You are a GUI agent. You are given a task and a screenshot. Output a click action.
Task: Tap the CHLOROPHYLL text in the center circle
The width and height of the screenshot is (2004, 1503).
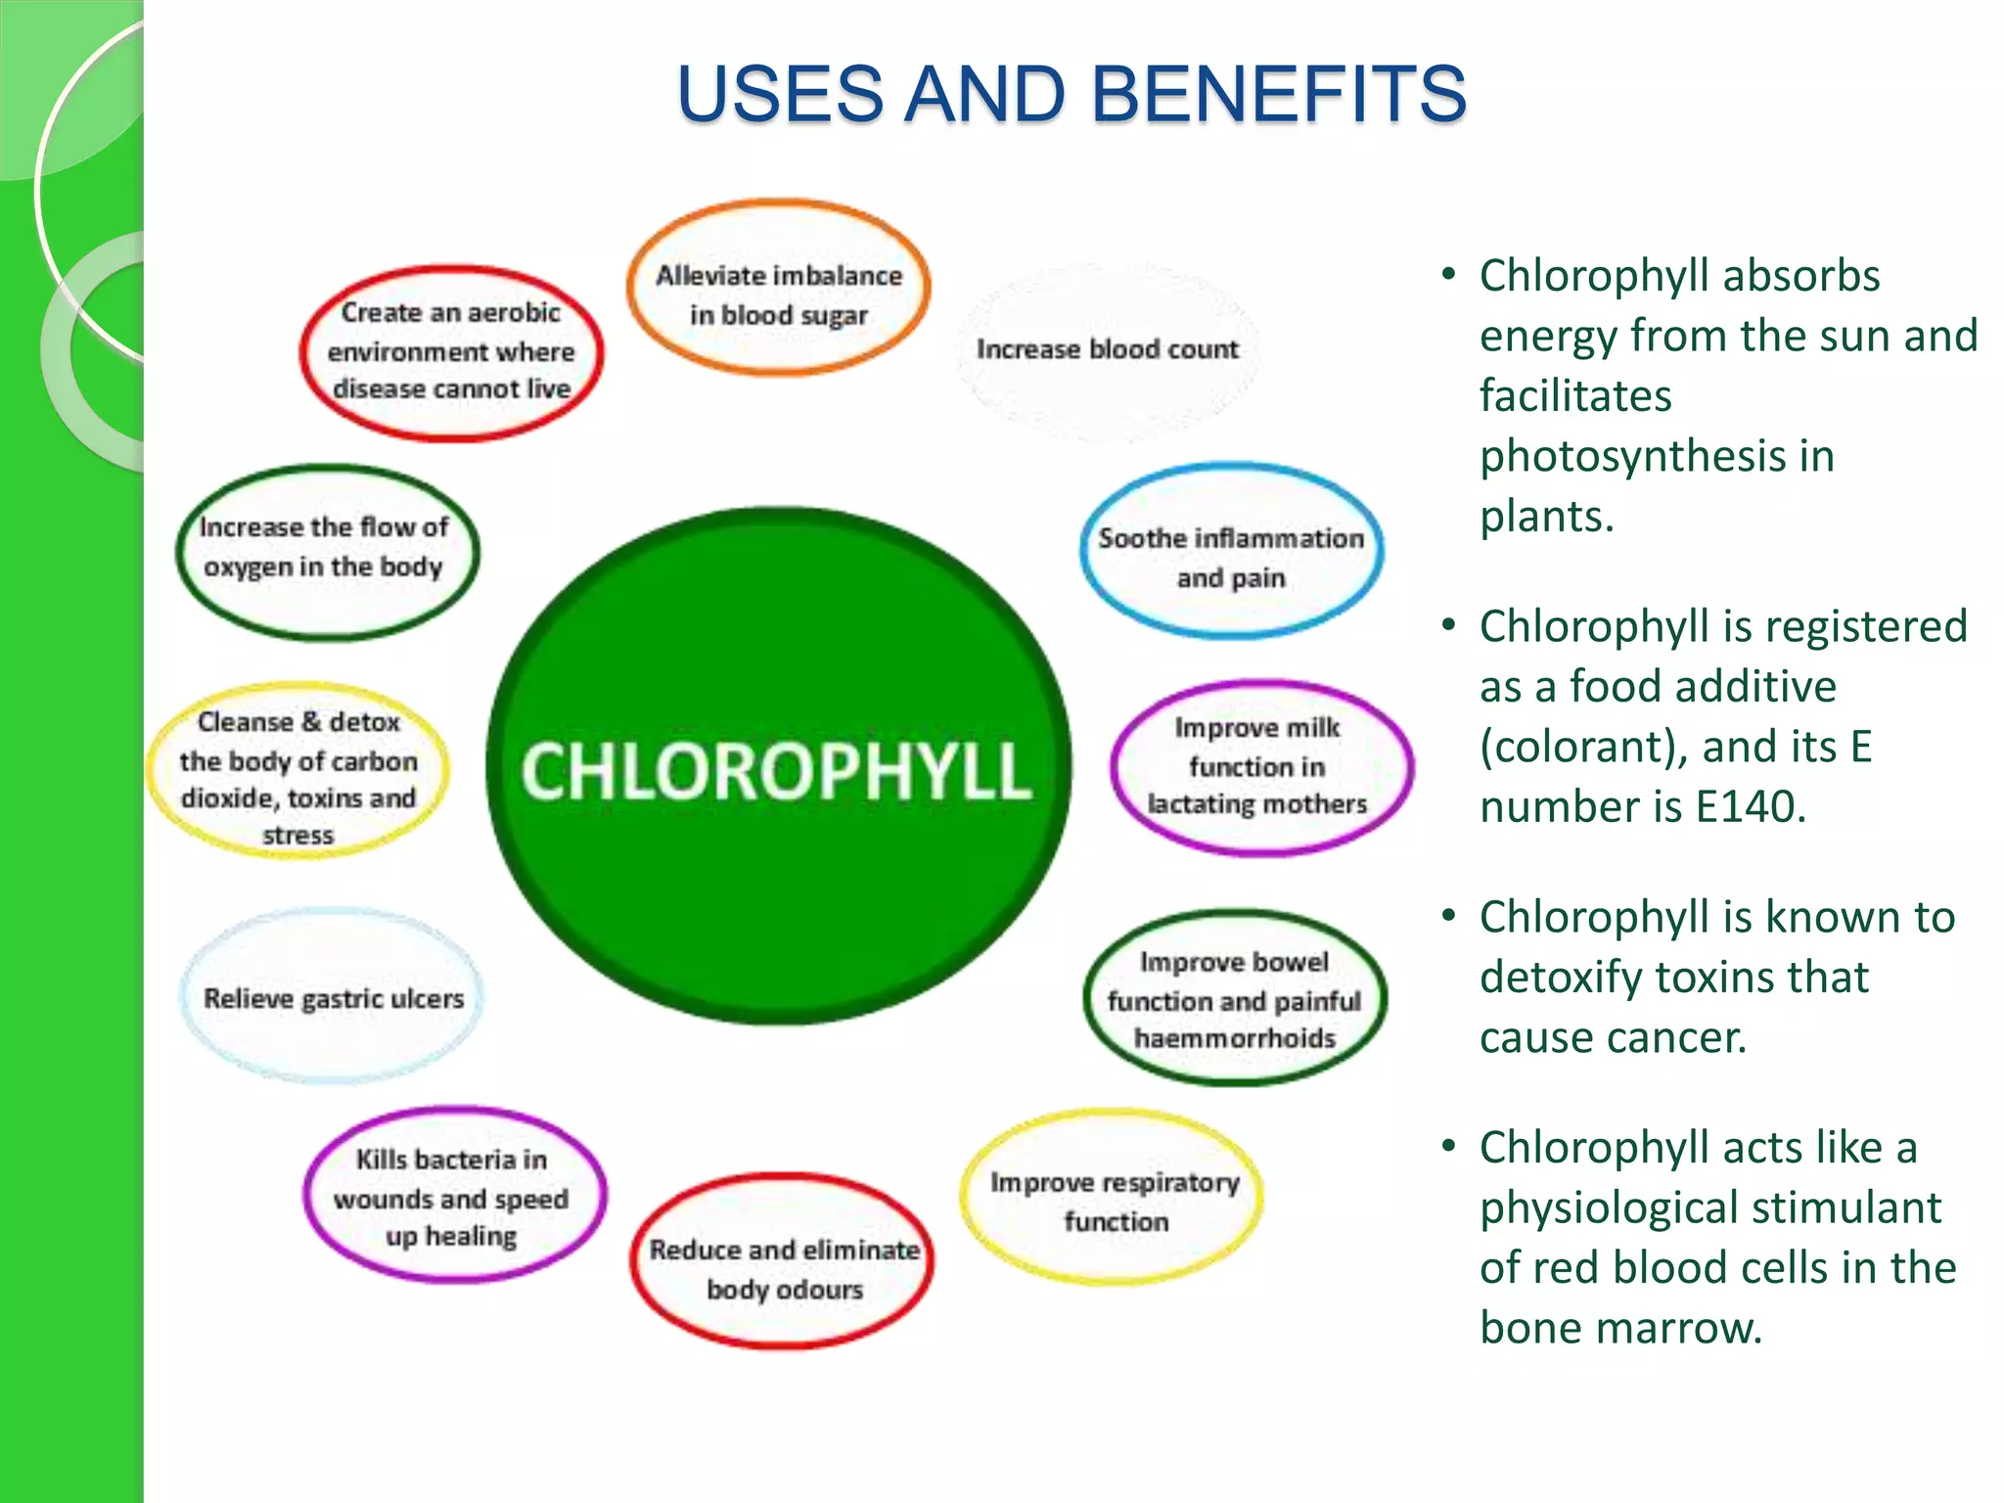click(x=776, y=771)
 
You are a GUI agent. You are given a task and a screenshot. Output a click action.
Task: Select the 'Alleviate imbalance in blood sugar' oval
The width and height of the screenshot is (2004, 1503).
click(x=778, y=290)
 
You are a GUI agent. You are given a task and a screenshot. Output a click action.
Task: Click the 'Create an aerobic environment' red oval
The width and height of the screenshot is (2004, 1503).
click(x=451, y=352)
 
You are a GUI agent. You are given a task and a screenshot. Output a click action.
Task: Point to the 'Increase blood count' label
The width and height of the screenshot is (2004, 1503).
click(x=1107, y=349)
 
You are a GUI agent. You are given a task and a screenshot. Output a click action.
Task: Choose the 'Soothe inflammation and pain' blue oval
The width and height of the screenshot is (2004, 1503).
click(x=1230, y=554)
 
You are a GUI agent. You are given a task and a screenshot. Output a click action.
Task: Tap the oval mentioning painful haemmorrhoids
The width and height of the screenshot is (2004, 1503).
click(x=1234, y=999)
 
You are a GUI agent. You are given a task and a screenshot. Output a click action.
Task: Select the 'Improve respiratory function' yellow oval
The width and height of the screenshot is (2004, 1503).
click(x=1114, y=1200)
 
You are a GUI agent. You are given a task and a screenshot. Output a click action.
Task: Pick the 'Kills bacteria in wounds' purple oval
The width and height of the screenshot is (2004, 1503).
click(x=452, y=1196)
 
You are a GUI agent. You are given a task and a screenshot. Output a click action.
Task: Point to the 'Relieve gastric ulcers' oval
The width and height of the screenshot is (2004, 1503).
click(x=333, y=998)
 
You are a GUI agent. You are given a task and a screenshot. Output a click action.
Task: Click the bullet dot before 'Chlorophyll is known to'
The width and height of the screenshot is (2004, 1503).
click(x=1449, y=917)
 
